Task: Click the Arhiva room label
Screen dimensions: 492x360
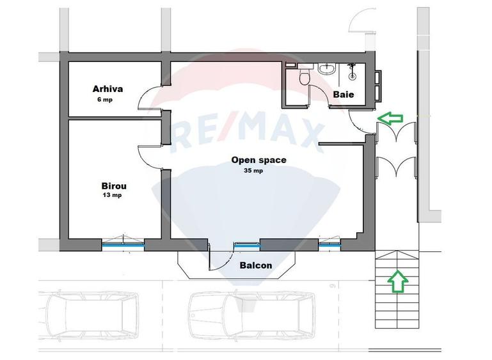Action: pos(107,89)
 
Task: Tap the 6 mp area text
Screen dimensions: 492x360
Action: pos(105,100)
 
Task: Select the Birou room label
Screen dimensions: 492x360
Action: pos(114,186)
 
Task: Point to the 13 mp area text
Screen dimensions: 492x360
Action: pos(112,195)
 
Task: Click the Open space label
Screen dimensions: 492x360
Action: pos(259,160)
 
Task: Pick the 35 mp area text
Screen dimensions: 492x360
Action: pos(253,171)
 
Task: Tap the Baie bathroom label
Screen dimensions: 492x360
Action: pos(344,95)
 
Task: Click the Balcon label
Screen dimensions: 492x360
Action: pos(256,265)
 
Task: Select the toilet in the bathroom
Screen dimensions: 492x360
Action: pos(305,77)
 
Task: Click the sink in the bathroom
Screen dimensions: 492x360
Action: pos(327,68)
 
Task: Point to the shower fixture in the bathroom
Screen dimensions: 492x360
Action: pos(353,71)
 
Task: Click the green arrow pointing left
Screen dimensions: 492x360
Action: pos(390,118)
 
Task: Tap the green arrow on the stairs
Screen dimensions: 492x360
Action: pos(397,281)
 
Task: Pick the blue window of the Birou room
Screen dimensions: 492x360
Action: pos(123,246)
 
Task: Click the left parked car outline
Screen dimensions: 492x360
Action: pos(88,316)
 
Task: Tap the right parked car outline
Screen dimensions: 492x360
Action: pos(252,315)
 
